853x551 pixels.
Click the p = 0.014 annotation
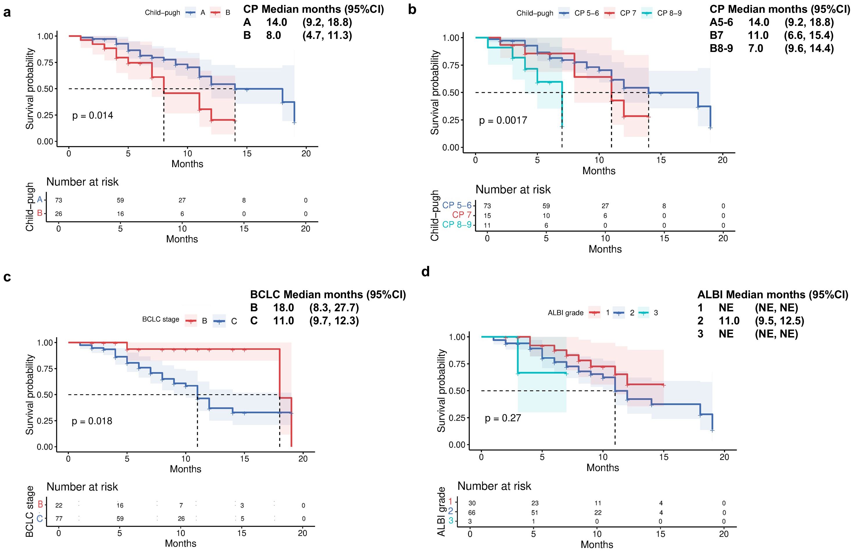pyautogui.click(x=93, y=116)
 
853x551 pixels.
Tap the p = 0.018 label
pyautogui.click(x=92, y=421)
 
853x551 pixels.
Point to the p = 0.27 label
pyautogui.click(x=503, y=418)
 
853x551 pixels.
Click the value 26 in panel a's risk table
pyautogui.click(x=58, y=214)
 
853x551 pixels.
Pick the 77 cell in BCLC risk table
pyautogui.click(x=59, y=518)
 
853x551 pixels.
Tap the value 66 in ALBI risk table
pyautogui.click(x=472, y=513)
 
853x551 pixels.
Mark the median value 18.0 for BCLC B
pyautogui.click(x=283, y=308)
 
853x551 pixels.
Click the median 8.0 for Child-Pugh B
pyautogui.click(x=273, y=35)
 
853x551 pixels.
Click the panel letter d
pyautogui.click(x=425, y=272)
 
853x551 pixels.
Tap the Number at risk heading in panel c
pyautogui.click(x=82, y=487)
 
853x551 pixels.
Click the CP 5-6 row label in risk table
pyautogui.click(x=457, y=205)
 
